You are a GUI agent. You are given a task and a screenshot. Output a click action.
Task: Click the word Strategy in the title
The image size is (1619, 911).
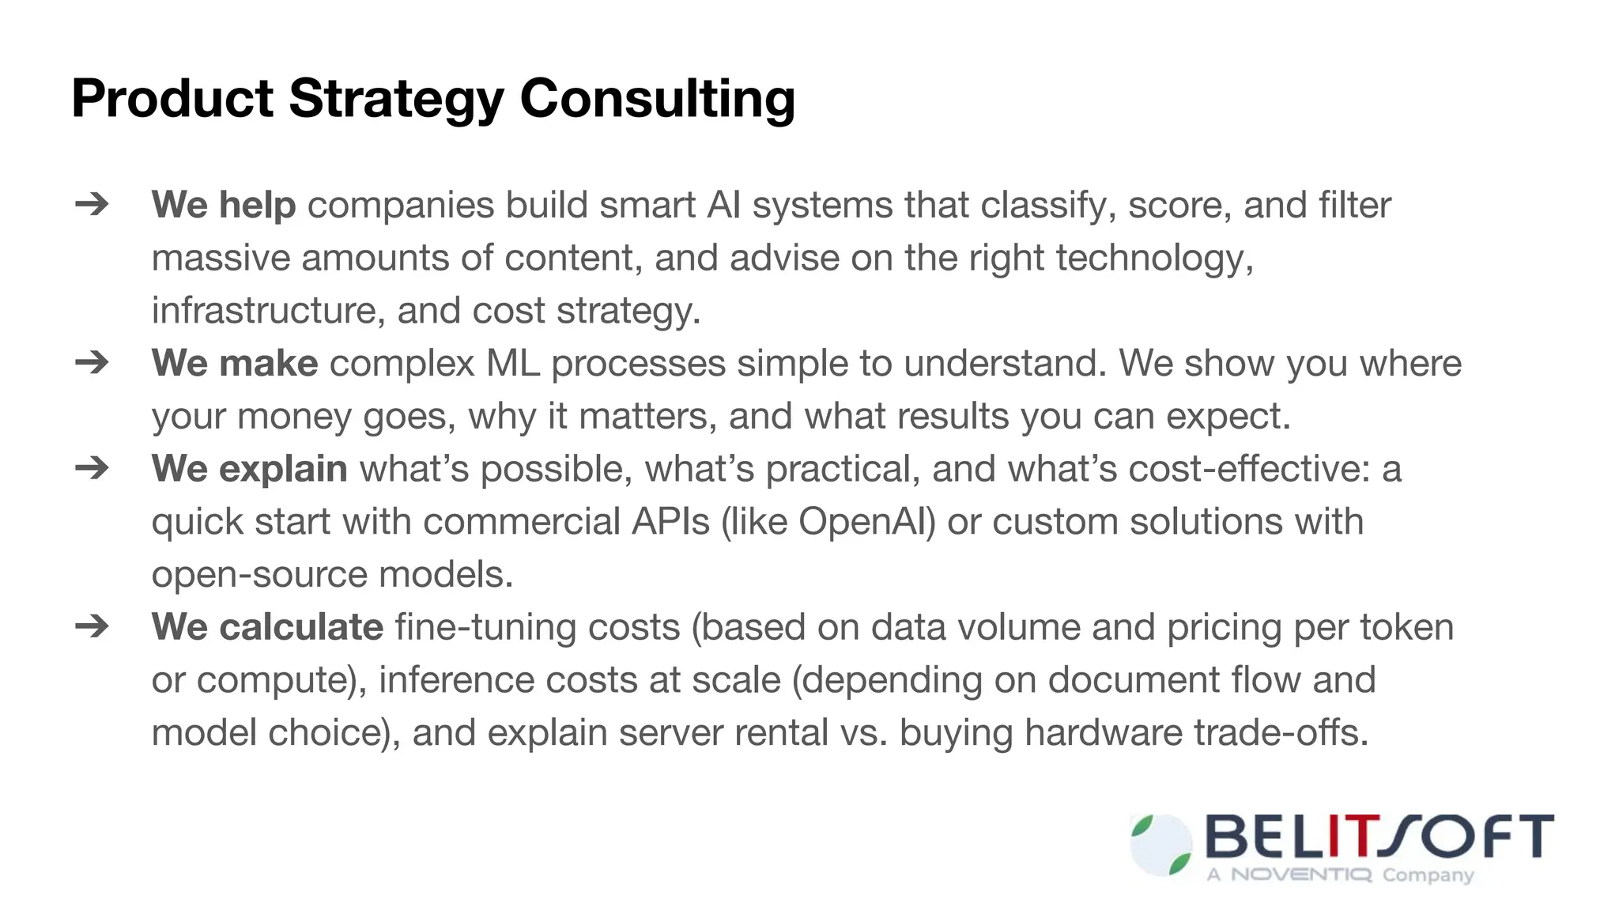(396, 99)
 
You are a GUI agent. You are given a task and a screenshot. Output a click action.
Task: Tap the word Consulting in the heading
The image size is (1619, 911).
(657, 99)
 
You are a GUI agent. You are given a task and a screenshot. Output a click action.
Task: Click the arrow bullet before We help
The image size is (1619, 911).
(92, 205)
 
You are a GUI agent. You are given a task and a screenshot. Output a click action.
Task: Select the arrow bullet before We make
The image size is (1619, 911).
(92, 363)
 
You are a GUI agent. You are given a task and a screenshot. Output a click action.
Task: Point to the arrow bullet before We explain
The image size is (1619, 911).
(92, 468)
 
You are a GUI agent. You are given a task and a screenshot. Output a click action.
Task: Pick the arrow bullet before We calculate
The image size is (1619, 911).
(92, 626)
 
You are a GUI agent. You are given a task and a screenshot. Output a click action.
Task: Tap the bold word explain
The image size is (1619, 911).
(282, 469)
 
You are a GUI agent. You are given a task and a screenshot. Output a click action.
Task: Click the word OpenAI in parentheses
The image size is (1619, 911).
(866, 522)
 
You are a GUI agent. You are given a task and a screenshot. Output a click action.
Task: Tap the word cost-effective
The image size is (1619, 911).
(1249, 469)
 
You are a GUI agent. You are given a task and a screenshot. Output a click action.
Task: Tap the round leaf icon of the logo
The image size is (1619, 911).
(1161, 845)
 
